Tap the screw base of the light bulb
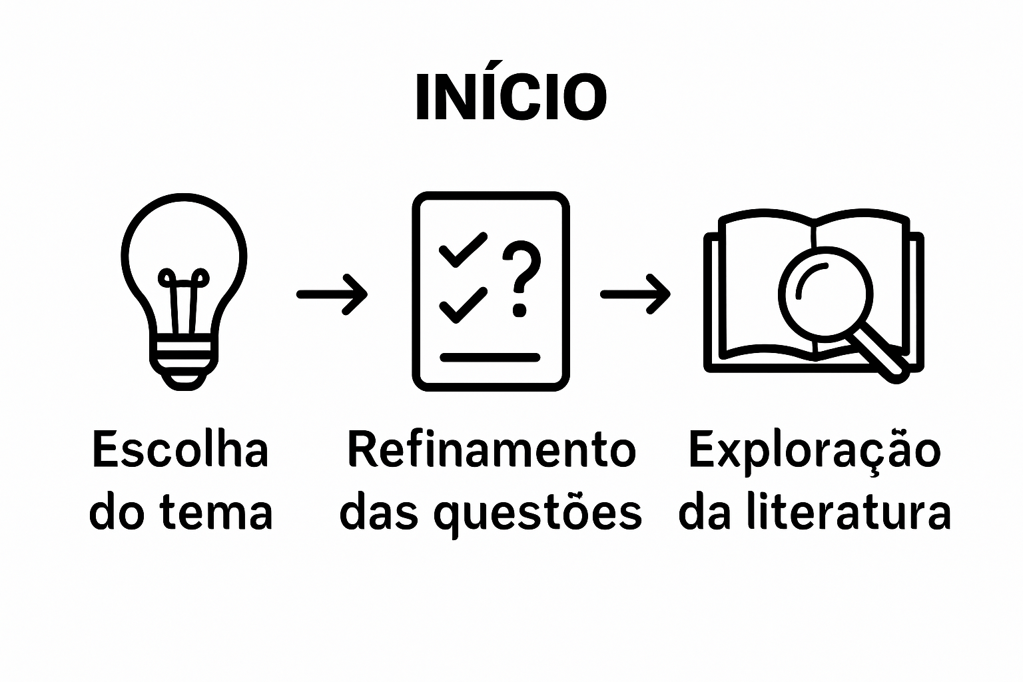pos(183,363)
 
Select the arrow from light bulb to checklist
pos(332,294)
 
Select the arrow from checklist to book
pos(635,294)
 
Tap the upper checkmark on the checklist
pos(462,250)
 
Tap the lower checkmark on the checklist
pos(462,304)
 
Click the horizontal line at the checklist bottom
pos(490,358)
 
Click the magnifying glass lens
pos(825,290)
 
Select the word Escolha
pos(180,450)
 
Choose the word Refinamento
pos(492,450)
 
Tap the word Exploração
pos(815,450)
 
